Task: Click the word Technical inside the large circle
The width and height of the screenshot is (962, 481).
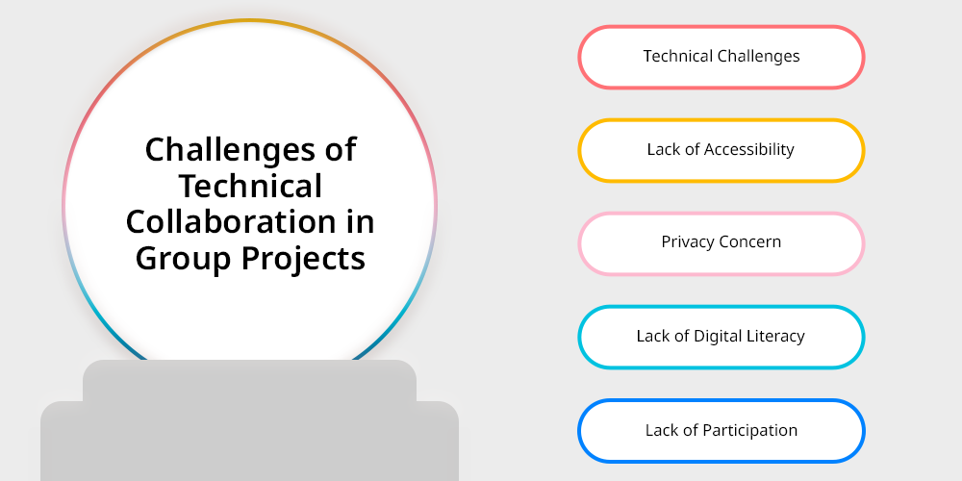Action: (250, 186)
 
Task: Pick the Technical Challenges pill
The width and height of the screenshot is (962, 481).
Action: (721, 57)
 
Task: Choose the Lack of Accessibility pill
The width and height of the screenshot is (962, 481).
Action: (721, 150)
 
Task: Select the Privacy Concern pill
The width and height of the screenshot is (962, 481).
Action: (721, 243)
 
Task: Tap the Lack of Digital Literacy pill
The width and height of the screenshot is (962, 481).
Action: (721, 337)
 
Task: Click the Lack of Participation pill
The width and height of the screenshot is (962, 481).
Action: (721, 431)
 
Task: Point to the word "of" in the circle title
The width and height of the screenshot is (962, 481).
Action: (341, 150)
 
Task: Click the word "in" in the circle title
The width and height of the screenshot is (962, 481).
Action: (360, 221)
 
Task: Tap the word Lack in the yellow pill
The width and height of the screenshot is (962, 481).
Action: (662, 149)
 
